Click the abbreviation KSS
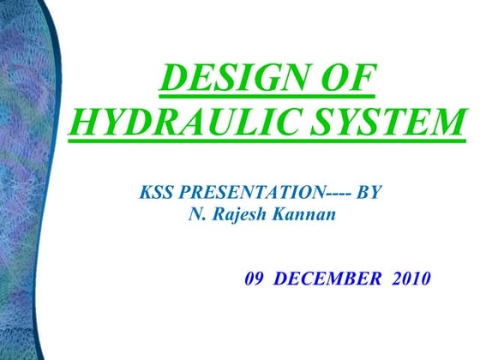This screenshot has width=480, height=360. pyautogui.click(x=154, y=194)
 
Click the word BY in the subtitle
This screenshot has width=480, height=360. pyautogui.click(x=366, y=194)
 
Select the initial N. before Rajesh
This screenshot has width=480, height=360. pyautogui.click(x=195, y=213)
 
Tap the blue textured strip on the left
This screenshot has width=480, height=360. pyautogui.click(x=26, y=180)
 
